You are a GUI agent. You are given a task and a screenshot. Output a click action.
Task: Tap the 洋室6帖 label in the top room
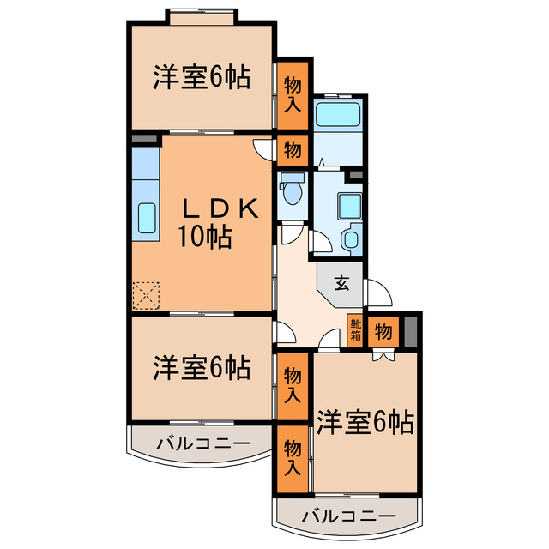[x=202, y=78]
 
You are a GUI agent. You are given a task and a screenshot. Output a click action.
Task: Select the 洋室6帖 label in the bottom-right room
[x=365, y=421]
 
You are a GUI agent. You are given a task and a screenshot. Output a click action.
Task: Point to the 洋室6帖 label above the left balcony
[x=202, y=368]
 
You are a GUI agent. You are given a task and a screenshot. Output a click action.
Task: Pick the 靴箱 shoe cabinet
[x=355, y=329]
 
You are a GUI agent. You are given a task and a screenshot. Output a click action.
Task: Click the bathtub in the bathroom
[x=337, y=115]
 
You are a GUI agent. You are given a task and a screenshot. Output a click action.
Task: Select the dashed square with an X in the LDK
[x=147, y=297]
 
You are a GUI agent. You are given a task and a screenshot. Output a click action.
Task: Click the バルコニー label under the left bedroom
[x=202, y=444]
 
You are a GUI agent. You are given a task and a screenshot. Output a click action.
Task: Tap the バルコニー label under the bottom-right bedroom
[x=349, y=517]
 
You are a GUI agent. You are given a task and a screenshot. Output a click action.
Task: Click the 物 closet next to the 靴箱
[x=383, y=330]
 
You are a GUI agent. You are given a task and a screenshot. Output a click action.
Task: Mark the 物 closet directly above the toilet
[x=293, y=150]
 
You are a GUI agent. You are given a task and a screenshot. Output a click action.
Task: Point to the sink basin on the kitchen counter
[x=146, y=220]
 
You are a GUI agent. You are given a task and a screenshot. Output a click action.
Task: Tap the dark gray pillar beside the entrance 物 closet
[x=410, y=330]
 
